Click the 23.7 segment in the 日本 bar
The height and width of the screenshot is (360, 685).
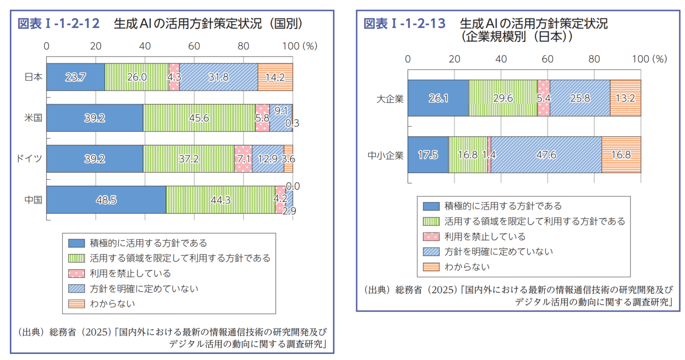(x=76, y=77)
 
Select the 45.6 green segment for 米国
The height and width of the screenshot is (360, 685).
(x=199, y=117)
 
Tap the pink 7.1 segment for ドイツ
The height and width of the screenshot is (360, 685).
(x=243, y=158)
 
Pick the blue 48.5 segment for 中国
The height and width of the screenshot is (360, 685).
(x=106, y=200)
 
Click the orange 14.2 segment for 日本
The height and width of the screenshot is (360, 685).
(x=275, y=77)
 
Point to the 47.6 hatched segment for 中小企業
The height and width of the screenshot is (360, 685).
(x=546, y=155)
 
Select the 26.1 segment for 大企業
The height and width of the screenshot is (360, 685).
(x=438, y=98)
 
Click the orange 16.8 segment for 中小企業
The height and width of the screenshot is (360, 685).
(x=621, y=155)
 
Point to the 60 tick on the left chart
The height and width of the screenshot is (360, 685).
(x=194, y=46)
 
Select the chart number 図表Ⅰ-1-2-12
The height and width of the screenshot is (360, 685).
(x=58, y=24)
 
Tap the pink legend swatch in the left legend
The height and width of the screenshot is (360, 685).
(x=76, y=273)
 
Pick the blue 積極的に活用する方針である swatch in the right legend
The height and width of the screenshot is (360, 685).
(x=431, y=206)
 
